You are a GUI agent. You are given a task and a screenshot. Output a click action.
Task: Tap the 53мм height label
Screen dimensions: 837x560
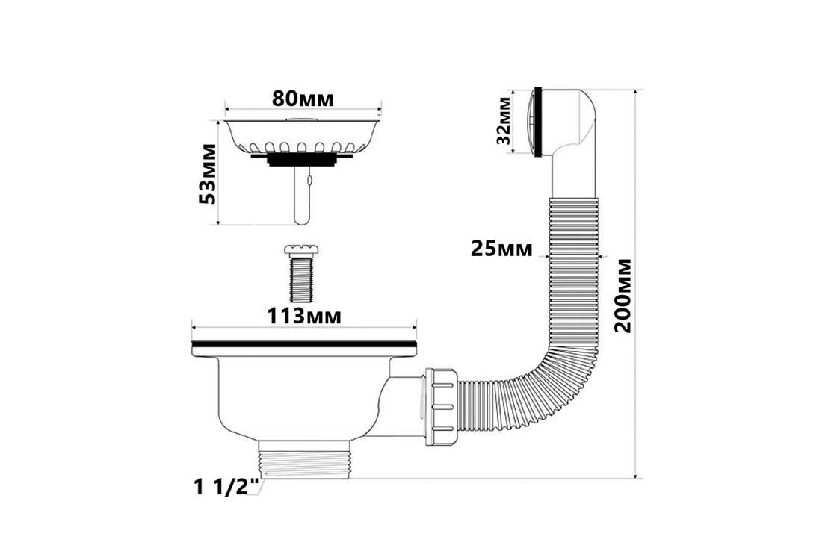207,174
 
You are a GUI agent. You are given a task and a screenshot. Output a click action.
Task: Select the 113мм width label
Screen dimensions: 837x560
303,316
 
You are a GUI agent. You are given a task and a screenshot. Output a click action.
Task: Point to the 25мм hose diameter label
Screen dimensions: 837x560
501,249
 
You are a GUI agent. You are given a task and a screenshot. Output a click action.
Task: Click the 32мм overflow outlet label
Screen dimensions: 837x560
504,120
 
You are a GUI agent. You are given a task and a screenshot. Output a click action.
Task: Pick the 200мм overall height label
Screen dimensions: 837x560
623,296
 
